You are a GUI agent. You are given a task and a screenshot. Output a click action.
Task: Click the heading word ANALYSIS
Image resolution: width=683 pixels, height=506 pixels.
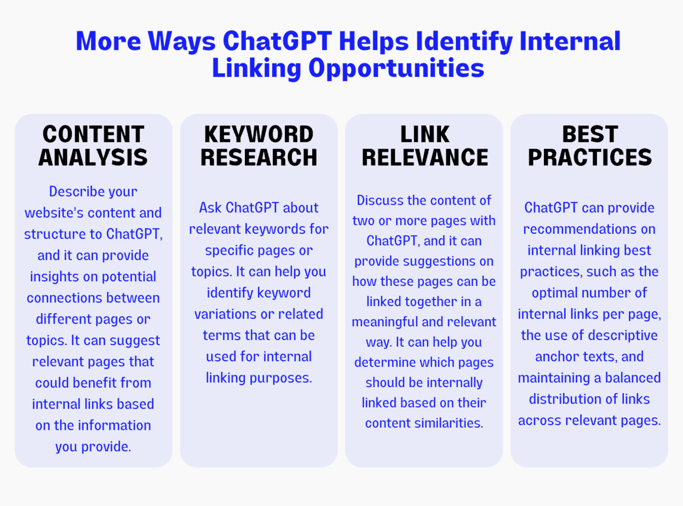(x=93, y=157)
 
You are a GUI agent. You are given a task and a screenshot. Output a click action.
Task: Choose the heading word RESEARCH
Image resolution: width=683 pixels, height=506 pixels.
(x=259, y=157)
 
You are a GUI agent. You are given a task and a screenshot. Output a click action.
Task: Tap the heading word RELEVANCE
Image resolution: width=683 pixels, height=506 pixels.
(x=424, y=157)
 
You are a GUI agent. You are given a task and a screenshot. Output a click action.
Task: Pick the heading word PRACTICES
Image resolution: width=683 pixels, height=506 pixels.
(x=590, y=157)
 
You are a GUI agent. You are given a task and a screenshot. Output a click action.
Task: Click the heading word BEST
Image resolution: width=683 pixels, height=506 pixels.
(x=590, y=134)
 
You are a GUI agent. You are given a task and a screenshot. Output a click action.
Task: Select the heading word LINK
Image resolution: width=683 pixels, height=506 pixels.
(x=424, y=134)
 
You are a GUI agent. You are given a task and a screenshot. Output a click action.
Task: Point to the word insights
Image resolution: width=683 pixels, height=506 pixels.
(x=55, y=277)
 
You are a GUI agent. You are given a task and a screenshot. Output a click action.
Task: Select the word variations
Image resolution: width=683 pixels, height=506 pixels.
(x=225, y=314)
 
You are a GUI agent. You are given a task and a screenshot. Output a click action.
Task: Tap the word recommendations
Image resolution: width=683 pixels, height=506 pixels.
(x=590, y=229)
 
